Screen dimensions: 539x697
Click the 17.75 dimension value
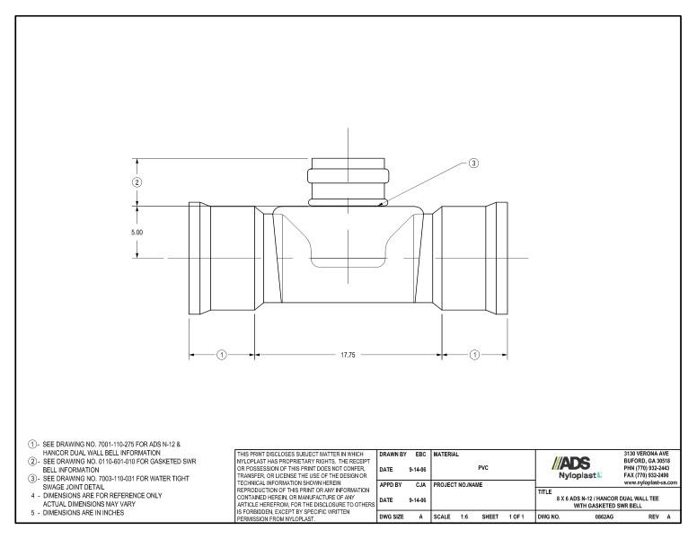348,355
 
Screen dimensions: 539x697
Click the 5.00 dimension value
137,232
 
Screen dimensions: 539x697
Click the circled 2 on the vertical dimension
137,182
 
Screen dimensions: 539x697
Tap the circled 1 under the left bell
222,355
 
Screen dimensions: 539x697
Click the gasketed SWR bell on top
348,184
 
